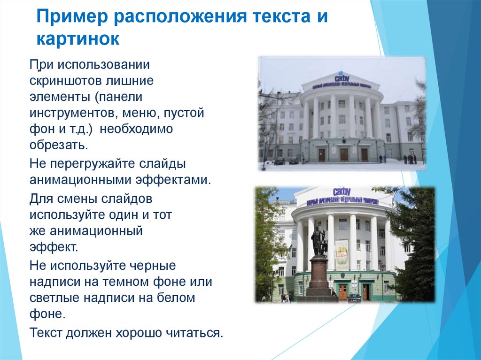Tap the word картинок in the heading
click(78, 39)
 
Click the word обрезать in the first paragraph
click(57, 145)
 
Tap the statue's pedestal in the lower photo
click(319, 277)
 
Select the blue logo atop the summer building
click(342, 191)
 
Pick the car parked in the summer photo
click(354, 297)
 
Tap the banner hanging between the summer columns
click(341, 254)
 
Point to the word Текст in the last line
click(46, 333)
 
